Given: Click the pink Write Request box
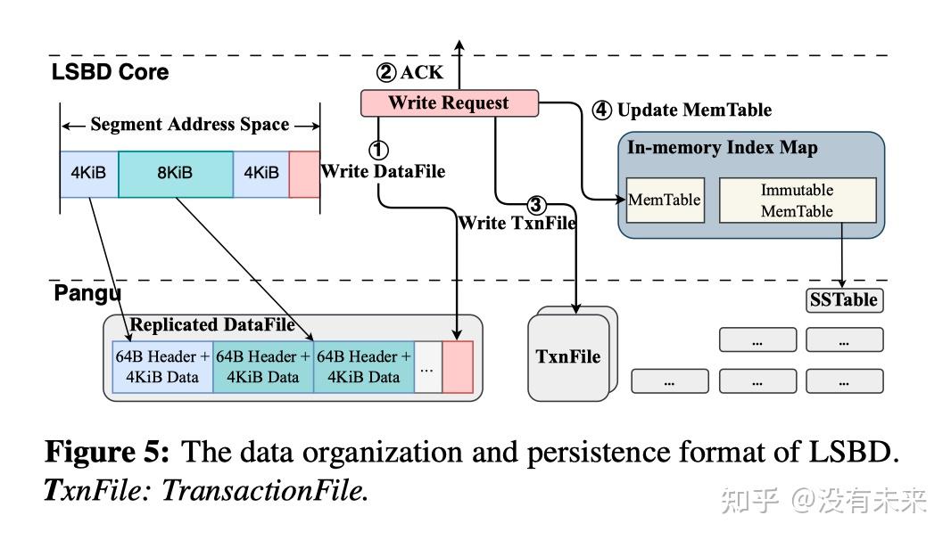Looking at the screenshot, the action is coord(450,103).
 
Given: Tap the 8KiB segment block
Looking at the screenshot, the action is coord(176,175).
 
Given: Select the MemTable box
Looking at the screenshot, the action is coord(665,200).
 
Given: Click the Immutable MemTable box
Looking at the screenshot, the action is coord(798,200).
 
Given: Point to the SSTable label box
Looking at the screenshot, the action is coord(844,300).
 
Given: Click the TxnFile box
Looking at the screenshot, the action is coord(568,357).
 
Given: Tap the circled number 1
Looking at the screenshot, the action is coord(378,150).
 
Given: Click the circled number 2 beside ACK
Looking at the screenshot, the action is coord(386,73).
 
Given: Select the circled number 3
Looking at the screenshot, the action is coord(535,205).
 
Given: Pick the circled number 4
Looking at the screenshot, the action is coord(601,110).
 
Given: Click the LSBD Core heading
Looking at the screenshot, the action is coord(110,71).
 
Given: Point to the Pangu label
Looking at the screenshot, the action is coord(87,293).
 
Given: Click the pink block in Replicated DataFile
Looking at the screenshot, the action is coord(458,366).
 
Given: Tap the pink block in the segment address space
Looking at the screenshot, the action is coord(304,175).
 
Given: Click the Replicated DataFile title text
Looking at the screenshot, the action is coord(212,325).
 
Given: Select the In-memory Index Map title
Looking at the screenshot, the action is coord(723,147).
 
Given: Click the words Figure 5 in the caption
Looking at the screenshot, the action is coord(107,452).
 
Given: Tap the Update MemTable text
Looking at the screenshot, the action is coord(694,110).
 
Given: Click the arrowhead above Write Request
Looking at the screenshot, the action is coord(459,45).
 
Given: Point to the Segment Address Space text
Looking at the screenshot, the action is coord(190,124).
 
